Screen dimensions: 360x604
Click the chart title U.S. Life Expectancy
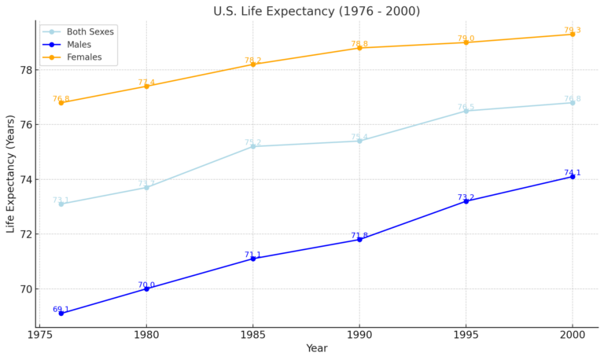pos(316,11)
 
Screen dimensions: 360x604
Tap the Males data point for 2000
pos(573,177)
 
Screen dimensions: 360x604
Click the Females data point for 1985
pos(252,64)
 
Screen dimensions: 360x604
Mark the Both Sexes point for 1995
pos(466,111)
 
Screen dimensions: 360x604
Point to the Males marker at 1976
pos(61,314)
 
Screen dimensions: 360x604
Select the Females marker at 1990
pos(359,48)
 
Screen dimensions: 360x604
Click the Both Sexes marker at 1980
pos(146,187)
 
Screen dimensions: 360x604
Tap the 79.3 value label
pos(573,31)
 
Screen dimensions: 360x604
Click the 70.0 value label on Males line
pos(146,285)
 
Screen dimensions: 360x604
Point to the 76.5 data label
pos(466,107)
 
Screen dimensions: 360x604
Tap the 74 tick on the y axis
pos(26,180)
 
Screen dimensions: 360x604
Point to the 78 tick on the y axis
pos(26,70)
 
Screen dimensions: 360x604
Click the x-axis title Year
pos(316,349)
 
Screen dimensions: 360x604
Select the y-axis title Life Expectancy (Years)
pos(11,174)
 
